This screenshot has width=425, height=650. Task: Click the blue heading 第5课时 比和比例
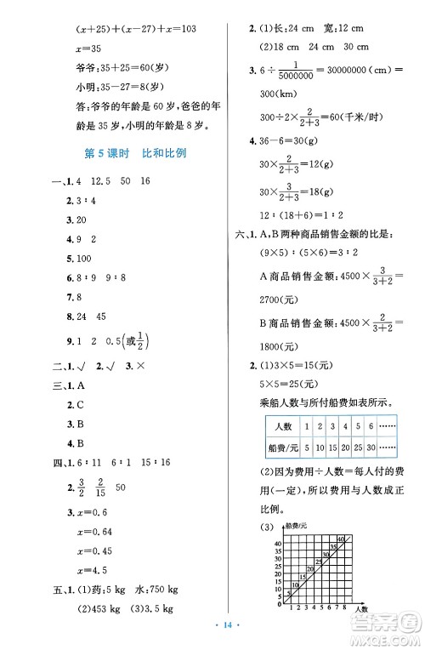tap(136, 154)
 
